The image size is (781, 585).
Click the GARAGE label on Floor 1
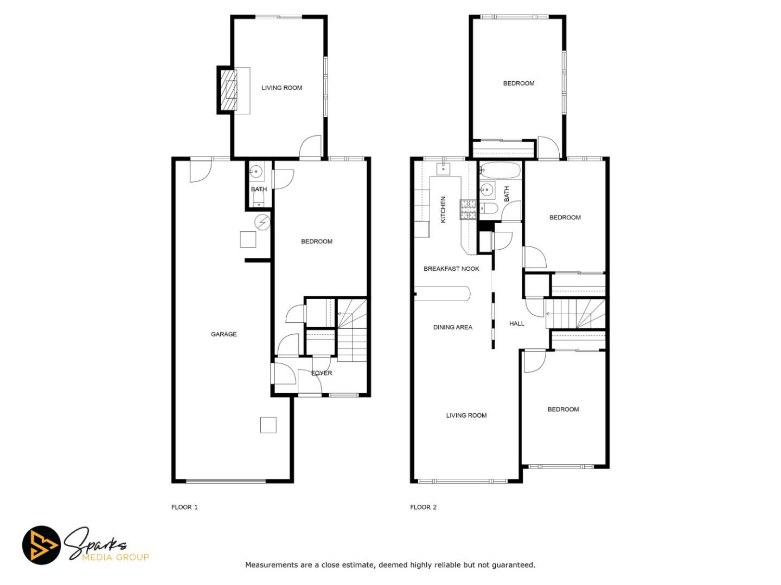(x=223, y=334)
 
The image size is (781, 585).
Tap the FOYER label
(x=322, y=373)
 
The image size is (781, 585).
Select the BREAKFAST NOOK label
(x=451, y=269)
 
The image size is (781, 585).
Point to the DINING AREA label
(x=452, y=327)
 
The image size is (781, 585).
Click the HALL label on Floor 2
(x=516, y=323)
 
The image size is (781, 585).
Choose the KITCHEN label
(x=443, y=210)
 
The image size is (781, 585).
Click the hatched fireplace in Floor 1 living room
(x=228, y=90)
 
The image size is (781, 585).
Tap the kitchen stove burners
(x=468, y=209)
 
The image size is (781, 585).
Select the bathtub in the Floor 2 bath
(x=500, y=170)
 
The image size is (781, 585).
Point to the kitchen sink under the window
(x=444, y=168)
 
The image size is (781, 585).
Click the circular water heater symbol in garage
(x=263, y=222)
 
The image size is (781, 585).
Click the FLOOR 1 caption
(x=184, y=507)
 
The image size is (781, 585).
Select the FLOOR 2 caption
(x=423, y=507)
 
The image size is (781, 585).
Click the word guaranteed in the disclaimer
(x=513, y=565)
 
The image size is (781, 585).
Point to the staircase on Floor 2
(x=575, y=314)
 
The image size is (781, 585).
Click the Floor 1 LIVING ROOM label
(x=281, y=88)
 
